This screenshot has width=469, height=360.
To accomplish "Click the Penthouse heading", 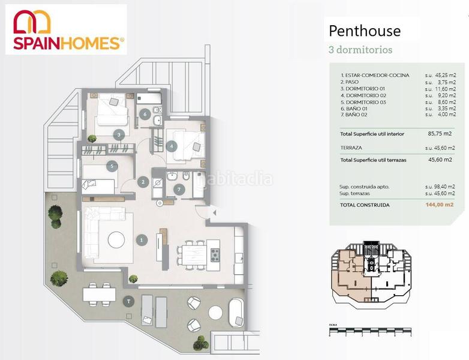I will (364, 31).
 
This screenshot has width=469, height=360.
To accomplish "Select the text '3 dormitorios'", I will (360, 50).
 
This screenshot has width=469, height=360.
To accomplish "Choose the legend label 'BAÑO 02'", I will (358, 115).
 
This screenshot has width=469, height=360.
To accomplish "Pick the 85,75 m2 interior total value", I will (440, 134).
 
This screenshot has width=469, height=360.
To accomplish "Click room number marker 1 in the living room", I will (142, 240).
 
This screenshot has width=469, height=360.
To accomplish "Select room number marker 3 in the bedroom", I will (119, 134).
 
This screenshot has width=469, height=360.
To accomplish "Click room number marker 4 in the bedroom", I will (172, 145).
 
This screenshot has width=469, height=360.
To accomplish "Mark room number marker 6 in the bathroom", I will (145, 114).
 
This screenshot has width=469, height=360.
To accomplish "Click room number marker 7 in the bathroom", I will (178, 190).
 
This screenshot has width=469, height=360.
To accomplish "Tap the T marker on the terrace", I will (128, 301).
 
